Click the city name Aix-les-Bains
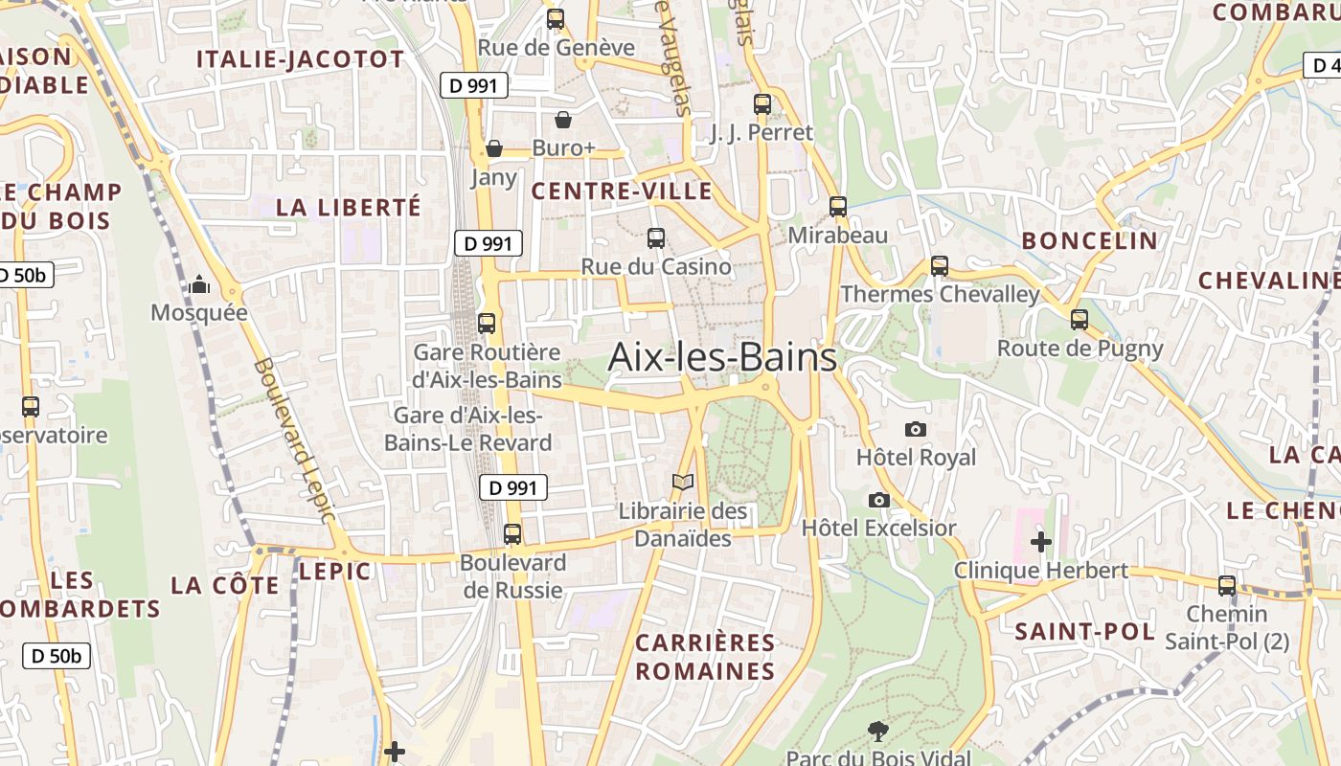pos(722,358)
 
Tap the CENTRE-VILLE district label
pos(622,191)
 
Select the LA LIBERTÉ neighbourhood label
pos(349,207)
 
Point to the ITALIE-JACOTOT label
pos(301,59)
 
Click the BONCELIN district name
pos(1090,240)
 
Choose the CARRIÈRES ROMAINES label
pos(705,657)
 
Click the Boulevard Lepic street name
pos(295,440)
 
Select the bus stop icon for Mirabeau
pos(838,206)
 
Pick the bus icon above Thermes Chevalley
pos(940,265)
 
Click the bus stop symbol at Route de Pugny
pos(1080,319)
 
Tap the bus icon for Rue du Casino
pos(656,237)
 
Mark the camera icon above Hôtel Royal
pos(916,429)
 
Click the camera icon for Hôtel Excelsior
pos(878,500)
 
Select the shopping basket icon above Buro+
pos(563,120)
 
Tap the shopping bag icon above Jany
pos(494,148)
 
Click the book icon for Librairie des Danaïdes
pos(682,483)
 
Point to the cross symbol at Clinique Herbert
pos(1041,542)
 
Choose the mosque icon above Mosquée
pos(199,284)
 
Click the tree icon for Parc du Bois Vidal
pos(877,732)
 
